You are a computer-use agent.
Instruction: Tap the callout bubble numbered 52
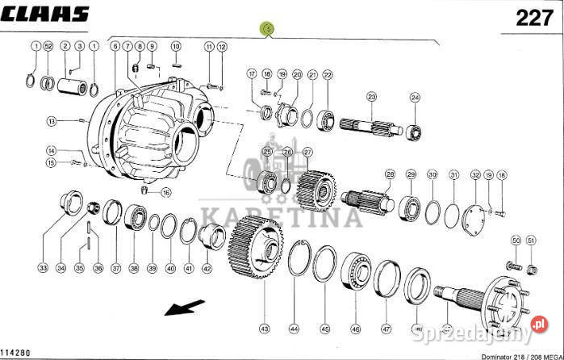[49, 47]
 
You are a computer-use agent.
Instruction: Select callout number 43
[263, 329]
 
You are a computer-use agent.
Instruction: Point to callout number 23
[372, 98]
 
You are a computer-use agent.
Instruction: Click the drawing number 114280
[17, 353]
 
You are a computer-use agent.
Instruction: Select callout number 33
[43, 268]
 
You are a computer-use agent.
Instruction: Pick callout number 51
[531, 241]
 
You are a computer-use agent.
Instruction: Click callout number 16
[166, 192]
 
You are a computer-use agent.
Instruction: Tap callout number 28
[390, 174]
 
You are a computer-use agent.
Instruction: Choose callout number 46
[355, 329]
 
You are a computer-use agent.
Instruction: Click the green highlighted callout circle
[268, 30]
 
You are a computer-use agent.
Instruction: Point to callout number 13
[51, 121]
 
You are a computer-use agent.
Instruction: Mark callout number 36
[98, 268]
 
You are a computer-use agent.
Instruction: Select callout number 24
[416, 98]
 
